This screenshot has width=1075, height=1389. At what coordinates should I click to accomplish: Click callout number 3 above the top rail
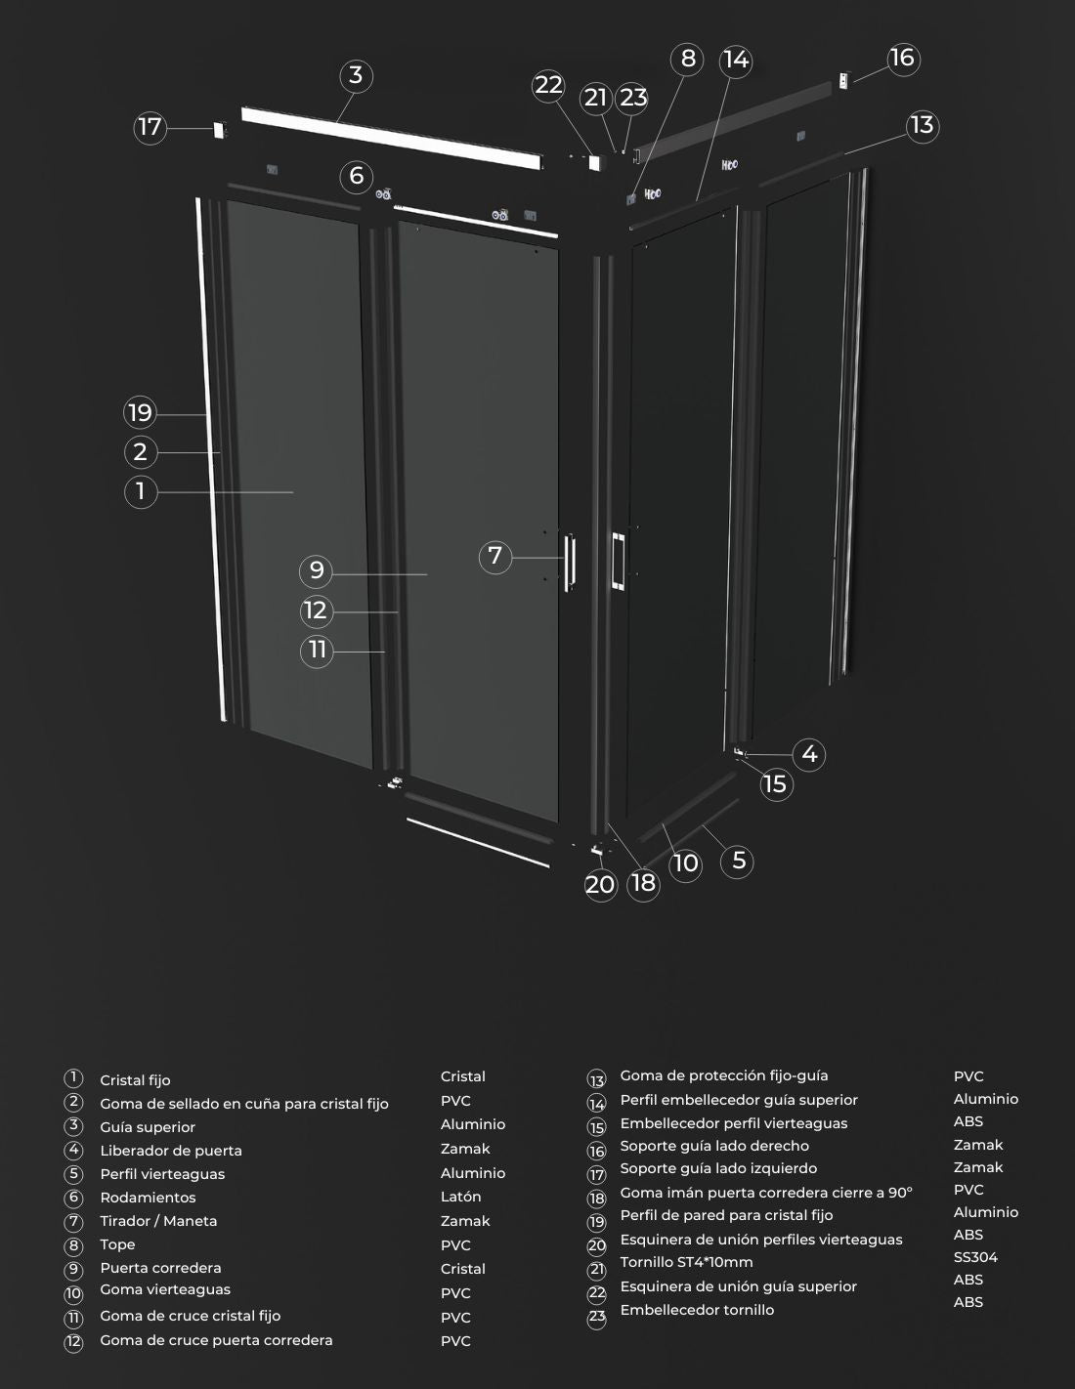pyautogui.click(x=356, y=75)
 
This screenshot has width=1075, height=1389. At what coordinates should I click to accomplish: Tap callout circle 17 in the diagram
pyautogui.click(x=150, y=127)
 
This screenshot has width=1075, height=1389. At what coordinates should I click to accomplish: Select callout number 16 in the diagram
pyautogui.click(x=903, y=59)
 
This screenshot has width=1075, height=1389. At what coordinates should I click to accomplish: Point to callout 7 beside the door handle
pyautogui.click(x=494, y=556)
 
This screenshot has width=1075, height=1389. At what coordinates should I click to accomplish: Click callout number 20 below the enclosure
pyautogui.click(x=600, y=885)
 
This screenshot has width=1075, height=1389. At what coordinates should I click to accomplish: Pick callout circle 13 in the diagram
pyautogui.click(x=923, y=126)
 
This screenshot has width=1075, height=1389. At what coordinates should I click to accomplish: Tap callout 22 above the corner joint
pyautogui.click(x=548, y=86)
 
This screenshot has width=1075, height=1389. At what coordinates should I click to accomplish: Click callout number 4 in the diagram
pyautogui.click(x=809, y=754)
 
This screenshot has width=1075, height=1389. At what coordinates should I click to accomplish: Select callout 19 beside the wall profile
pyautogui.click(x=140, y=413)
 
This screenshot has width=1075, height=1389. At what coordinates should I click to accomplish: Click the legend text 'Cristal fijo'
pyautogui.click(x=135, y=1080)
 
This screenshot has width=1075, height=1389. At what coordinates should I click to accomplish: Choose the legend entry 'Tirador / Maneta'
pyautogui.click(x=158, y=1221)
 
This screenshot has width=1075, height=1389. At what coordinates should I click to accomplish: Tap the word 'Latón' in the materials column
pyautogui.click(x=460, y=1197)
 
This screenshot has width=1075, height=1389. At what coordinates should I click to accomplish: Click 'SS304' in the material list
pyautogui.click(x=975, y=1257)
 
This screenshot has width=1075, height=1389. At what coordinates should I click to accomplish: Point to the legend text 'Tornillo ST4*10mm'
pyautogui.click(x=686, y=1262)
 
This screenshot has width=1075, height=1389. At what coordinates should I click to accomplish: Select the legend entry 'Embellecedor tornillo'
pyautogui.click(x=697, y=1310)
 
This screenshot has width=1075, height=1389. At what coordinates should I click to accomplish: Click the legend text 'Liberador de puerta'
pyautogui.click(x=171, y=1151)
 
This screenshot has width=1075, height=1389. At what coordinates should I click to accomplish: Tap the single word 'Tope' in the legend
pyautogui.click(x=117, y=1244)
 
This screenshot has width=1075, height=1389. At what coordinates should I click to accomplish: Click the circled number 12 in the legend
pyautogui.click(x=73, y=1342)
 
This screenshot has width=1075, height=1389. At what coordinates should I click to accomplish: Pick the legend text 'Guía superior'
pyautogui.click(x=148, y=1127)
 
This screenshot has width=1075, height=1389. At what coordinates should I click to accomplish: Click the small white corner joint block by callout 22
pyautogui.click(x=595, y=162)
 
